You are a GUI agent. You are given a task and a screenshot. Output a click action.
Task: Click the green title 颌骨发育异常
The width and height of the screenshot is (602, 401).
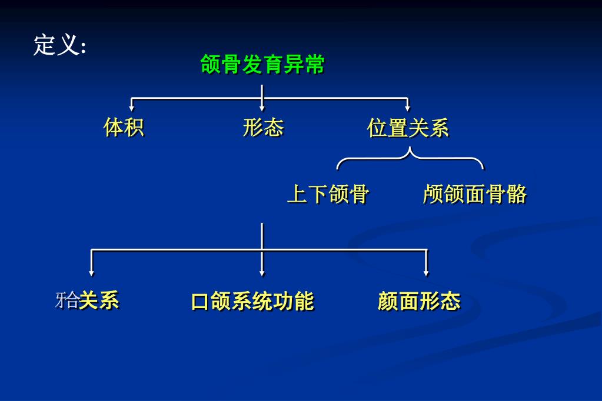(x=262, y=65)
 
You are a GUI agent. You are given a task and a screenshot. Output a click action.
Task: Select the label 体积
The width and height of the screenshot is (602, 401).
(x=124, y=127)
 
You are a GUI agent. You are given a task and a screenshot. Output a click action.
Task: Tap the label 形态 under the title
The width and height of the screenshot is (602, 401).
(x=263, y=127)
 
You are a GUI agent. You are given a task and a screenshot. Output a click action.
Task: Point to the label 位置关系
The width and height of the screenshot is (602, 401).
(x=408, y=128)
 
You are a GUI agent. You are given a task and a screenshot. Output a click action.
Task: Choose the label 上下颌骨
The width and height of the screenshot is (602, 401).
(x=328, y=194)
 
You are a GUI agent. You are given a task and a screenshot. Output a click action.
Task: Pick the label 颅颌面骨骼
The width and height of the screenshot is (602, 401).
(x=474, y=194)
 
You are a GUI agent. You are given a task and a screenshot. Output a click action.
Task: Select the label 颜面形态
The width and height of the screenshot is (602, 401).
(x=418, y=301)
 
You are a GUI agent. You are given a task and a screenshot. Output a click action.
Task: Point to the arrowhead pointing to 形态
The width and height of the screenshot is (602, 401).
(x=262, y=108)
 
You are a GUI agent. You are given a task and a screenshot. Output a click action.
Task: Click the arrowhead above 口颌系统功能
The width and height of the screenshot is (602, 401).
(x=262, y=272)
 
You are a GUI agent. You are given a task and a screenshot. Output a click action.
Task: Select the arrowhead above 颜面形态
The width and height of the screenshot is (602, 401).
(x=426, y=272)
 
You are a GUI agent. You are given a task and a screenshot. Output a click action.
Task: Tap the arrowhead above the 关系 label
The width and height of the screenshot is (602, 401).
(x=92, y=272)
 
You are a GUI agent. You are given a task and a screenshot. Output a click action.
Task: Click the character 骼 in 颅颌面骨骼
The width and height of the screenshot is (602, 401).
(x=516, y=194)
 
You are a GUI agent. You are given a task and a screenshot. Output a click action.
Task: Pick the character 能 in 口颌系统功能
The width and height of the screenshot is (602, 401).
(x=303, y=301)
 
